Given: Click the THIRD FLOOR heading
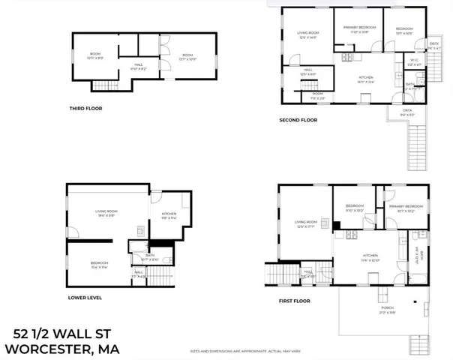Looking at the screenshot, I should (85, 108).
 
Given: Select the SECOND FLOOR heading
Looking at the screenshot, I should (298, 119).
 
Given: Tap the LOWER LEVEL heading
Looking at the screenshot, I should (84, 297).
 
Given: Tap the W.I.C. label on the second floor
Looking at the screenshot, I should (414, 62).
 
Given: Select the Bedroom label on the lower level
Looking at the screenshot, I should (99, 263).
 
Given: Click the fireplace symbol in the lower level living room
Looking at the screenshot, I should (140, 229).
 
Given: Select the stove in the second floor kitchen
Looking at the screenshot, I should (347, 58).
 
